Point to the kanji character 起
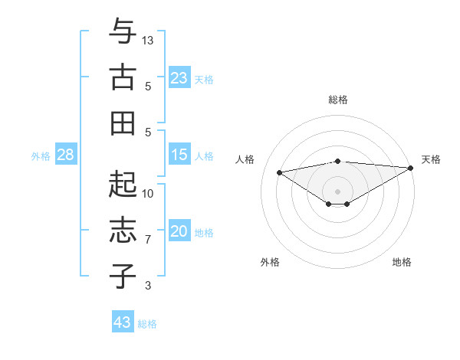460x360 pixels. [x=122, y=184]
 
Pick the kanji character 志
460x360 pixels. [x=122, y=230]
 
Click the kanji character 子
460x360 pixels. [x=122, y=276]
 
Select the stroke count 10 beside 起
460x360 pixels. [x=148, y=194]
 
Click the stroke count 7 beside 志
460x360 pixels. [x=148, y=240]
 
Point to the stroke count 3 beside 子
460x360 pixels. [x=148, y=286]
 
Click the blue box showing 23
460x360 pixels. [x=179, y=77]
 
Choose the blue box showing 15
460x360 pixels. [x=179, y=155]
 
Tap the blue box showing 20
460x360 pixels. [x=179, y=231]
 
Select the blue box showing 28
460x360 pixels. [x=65, y=155]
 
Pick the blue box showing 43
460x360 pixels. [x=122, y=322]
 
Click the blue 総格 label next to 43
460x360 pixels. [x=148, y=324]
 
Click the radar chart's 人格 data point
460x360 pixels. [x=279, y=172]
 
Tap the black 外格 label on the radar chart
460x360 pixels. [x=270, y=262]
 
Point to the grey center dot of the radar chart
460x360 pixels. [x=337, y=191]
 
